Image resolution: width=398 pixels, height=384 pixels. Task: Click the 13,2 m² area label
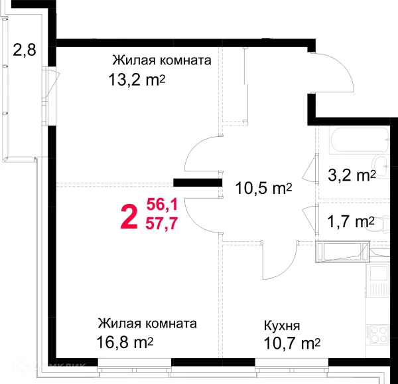137,80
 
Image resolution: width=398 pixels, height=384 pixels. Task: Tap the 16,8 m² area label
126,343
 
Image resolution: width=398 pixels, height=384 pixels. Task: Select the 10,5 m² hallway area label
264,189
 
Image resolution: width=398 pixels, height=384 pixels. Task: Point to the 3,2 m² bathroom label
352,175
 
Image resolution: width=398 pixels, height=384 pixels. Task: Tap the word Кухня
282,326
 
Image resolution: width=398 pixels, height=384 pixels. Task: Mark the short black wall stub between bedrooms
197,182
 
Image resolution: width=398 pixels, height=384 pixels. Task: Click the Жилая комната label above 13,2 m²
163,61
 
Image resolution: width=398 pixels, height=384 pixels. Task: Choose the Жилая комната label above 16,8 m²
147,325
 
